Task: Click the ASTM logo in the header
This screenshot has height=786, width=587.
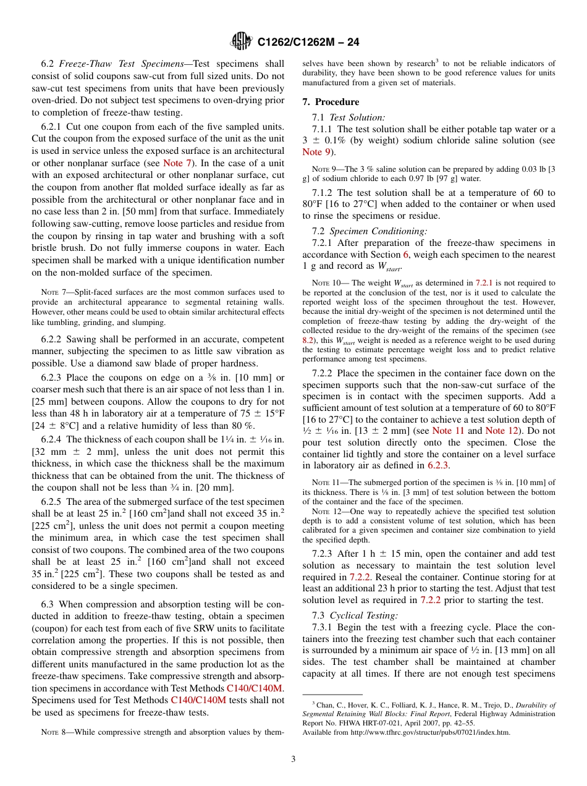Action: click(241, 42)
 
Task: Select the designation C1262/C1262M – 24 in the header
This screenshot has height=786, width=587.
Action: click(308, 43)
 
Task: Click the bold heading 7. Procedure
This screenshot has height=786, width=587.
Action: click(331, 102)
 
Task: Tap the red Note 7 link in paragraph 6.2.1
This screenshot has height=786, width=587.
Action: click(177, 163)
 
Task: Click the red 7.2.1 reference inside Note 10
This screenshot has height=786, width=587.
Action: click(483, 282)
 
